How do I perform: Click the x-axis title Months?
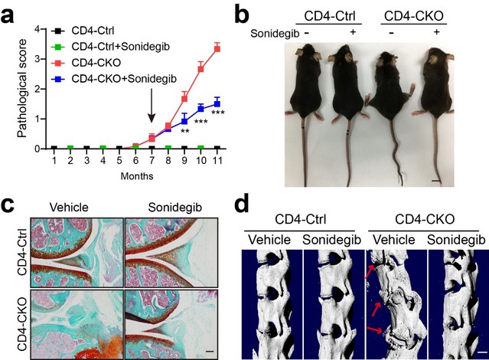coord(135,176)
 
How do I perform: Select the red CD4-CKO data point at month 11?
coord(217,48)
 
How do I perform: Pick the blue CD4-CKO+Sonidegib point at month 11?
coord(217,103)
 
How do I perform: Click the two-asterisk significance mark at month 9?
coord(184,132)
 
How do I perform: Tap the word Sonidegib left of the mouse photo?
coord(272,34)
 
